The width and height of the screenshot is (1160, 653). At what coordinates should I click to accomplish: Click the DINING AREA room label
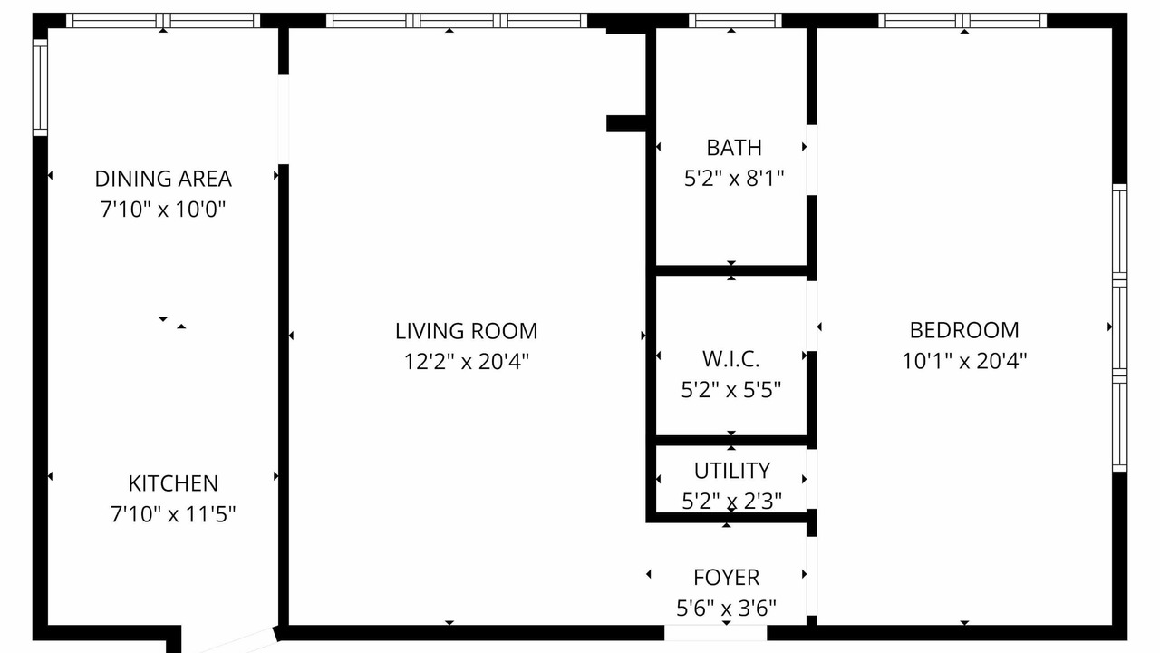point(163,179)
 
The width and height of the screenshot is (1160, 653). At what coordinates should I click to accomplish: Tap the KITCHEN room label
point(173,483)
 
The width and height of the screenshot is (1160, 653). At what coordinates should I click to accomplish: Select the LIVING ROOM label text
point(466,331)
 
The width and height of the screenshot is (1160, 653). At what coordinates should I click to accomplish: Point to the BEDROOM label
point(964,330)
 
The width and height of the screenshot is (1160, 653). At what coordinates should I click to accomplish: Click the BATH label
point(734,148)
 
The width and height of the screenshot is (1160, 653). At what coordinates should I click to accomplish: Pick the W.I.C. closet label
point(730,359)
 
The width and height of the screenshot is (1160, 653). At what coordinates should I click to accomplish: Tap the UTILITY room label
point(731,471)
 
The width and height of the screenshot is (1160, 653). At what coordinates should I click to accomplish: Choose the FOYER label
point(726,578)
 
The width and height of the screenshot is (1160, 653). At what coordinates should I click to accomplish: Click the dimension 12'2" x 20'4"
point(466,361)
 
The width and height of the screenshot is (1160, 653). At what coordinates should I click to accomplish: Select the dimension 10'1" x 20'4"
point(964,361)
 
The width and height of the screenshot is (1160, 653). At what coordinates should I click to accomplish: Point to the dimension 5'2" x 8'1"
point(734,179)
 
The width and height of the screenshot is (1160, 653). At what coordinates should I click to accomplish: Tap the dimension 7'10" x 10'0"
point(163,210)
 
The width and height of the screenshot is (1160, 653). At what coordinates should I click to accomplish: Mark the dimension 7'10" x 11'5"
point(173,514)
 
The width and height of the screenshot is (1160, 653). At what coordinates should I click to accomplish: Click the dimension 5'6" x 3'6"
point(726,608)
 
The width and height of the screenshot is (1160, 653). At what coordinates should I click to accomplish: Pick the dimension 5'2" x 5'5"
point(730,390)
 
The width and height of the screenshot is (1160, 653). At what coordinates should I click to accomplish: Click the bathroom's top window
point(735,21)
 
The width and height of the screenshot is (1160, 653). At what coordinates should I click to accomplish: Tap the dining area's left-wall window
point(41,88)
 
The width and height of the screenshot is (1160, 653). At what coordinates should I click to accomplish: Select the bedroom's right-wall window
point(1119,327)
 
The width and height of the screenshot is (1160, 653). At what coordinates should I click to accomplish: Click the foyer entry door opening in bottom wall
point(716,633)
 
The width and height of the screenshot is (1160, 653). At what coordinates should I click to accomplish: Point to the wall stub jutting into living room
point(626,123)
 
